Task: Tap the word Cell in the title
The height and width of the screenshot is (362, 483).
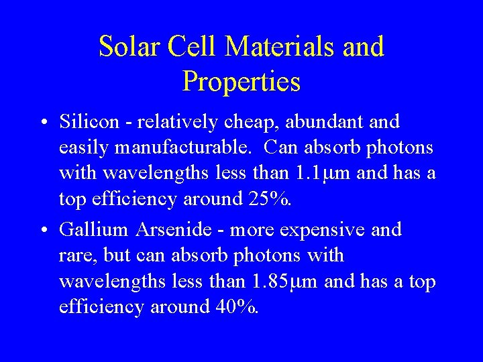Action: (x=193, y=47)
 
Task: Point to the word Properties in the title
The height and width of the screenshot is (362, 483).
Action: (x=241, y=82)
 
